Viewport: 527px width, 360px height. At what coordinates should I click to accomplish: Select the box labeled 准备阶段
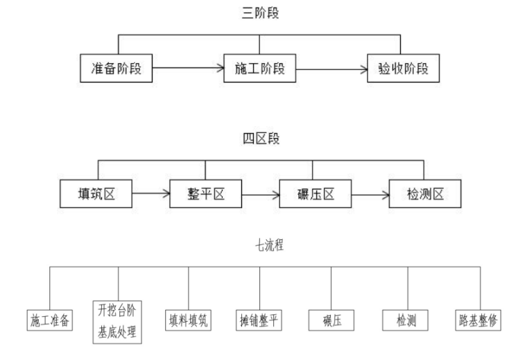(x=116, y=69)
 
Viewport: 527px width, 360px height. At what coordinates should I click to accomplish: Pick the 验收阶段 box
(x=403, y=69)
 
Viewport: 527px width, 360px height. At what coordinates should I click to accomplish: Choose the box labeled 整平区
(x=205, y=194)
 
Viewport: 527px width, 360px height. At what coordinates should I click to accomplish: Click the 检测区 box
(x=425, y=194)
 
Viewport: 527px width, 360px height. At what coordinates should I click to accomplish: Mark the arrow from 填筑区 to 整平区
(x=150, y=194)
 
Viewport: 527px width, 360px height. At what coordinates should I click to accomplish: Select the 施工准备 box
(x=50, y=320)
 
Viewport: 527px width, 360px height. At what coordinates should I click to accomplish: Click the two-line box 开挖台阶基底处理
(x=117, y=321)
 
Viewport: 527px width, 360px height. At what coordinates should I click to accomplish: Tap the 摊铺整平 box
(x=259, y=320)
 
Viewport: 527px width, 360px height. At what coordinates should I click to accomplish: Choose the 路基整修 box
(x=478, y=320)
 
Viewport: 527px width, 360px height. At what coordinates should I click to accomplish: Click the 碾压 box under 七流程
(x=331, y=320)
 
